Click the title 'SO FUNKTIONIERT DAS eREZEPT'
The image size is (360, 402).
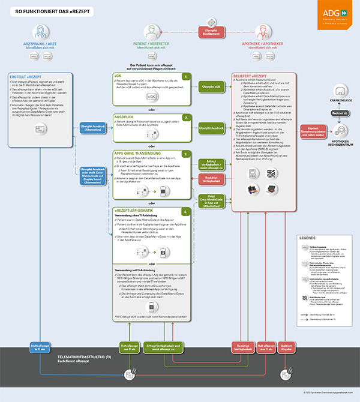coord(49,11)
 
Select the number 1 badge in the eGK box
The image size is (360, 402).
coord(187,77)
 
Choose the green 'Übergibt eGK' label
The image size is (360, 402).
coord(211,87)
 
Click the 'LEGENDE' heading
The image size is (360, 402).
coord(307,238)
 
